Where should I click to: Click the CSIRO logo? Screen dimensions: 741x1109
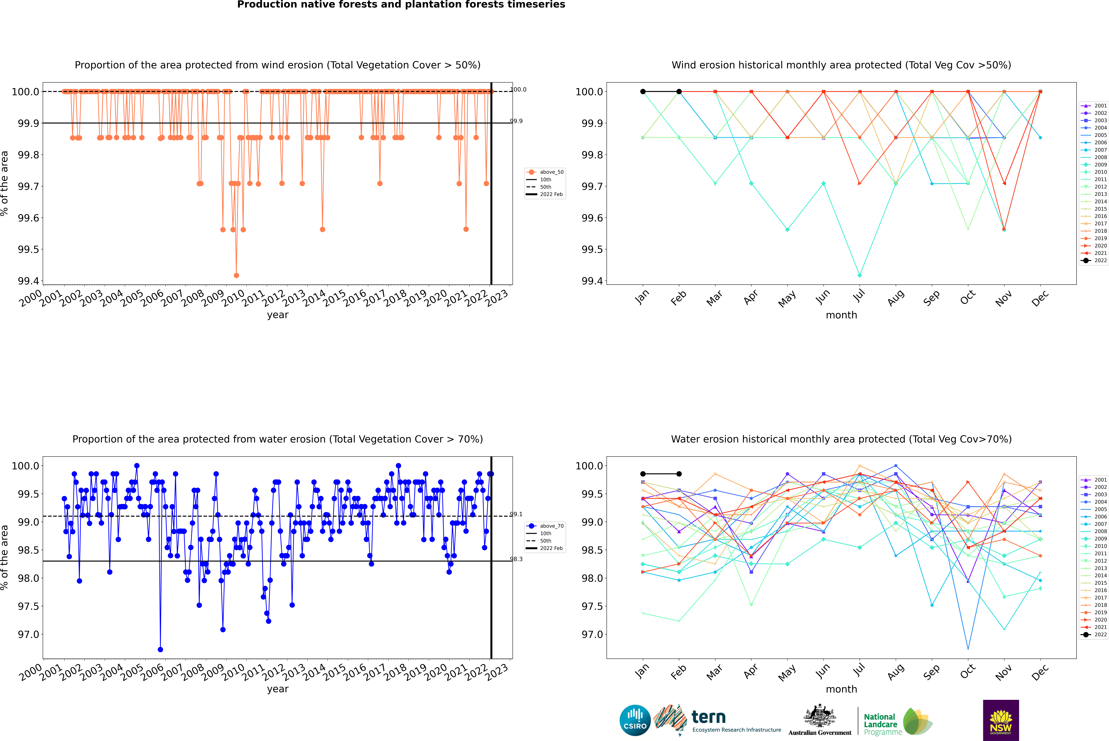click(x=635, y=720)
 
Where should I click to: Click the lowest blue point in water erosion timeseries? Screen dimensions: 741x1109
click(x=160, y=649)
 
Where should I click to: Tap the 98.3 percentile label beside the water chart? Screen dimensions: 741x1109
click(x=516, y=559)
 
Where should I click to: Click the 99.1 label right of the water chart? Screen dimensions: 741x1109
click(x=516, y=514)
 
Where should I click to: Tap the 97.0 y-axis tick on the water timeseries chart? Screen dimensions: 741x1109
click(x=28, y=634)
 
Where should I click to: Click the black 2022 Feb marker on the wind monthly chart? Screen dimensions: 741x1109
click(x=679, y=92)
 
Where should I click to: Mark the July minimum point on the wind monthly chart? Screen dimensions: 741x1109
click(x=859, y=275)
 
